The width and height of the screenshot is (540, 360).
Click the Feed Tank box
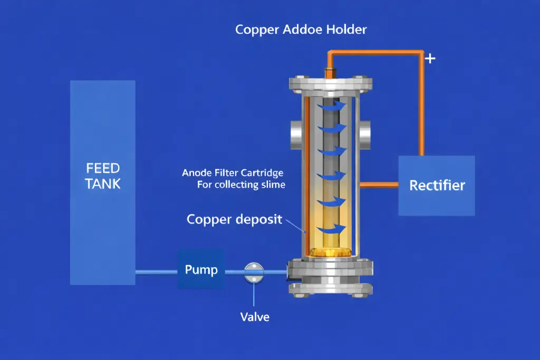pyautogui.click(x=103, y=182)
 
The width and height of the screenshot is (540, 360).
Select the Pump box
pyautogui.click(x=201, y=269)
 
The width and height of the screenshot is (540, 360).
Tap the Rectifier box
pyautogui.click(x=437, y=185)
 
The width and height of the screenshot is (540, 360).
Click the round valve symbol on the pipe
pyautogui.click(x=254, y=271)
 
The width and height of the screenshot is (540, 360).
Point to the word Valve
pyautogui.click(x=255, y=317)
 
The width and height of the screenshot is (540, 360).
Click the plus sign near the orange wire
pyautogui.click(x=430, y=58)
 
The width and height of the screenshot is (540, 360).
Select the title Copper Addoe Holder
pyautogui.click(x=301, y=29)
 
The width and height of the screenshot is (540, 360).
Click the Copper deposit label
pyautogui.click(x=235, y=219)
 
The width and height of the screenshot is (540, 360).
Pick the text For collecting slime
pyautogui.click(x=241, y=185)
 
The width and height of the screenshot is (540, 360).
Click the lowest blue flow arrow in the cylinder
pyautogui.click(x=333, y=228)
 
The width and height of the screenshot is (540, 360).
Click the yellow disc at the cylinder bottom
pyautogui.click(x=331, y=252)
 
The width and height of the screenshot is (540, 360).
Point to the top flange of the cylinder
pyautogui.click(x=331, y=83)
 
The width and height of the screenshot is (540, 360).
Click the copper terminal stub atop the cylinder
pyautogui.click(x=330, y=71)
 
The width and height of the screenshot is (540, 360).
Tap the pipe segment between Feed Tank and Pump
pyautogui.click(x=156, y=272)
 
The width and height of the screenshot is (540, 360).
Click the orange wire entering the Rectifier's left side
pyautogui.click(x=379, y=184)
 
